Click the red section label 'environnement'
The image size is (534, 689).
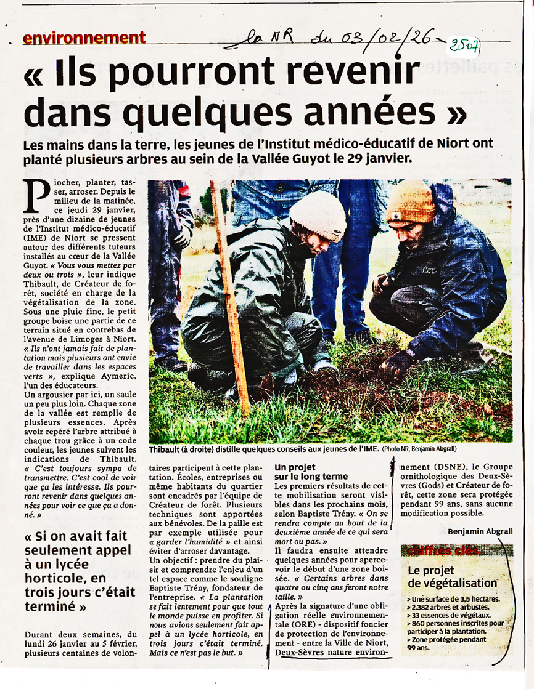point(84,38)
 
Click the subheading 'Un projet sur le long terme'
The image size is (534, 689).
point(311,472)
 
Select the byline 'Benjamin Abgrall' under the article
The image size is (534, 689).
point(481,531)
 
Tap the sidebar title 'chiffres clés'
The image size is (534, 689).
point(442,550)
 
